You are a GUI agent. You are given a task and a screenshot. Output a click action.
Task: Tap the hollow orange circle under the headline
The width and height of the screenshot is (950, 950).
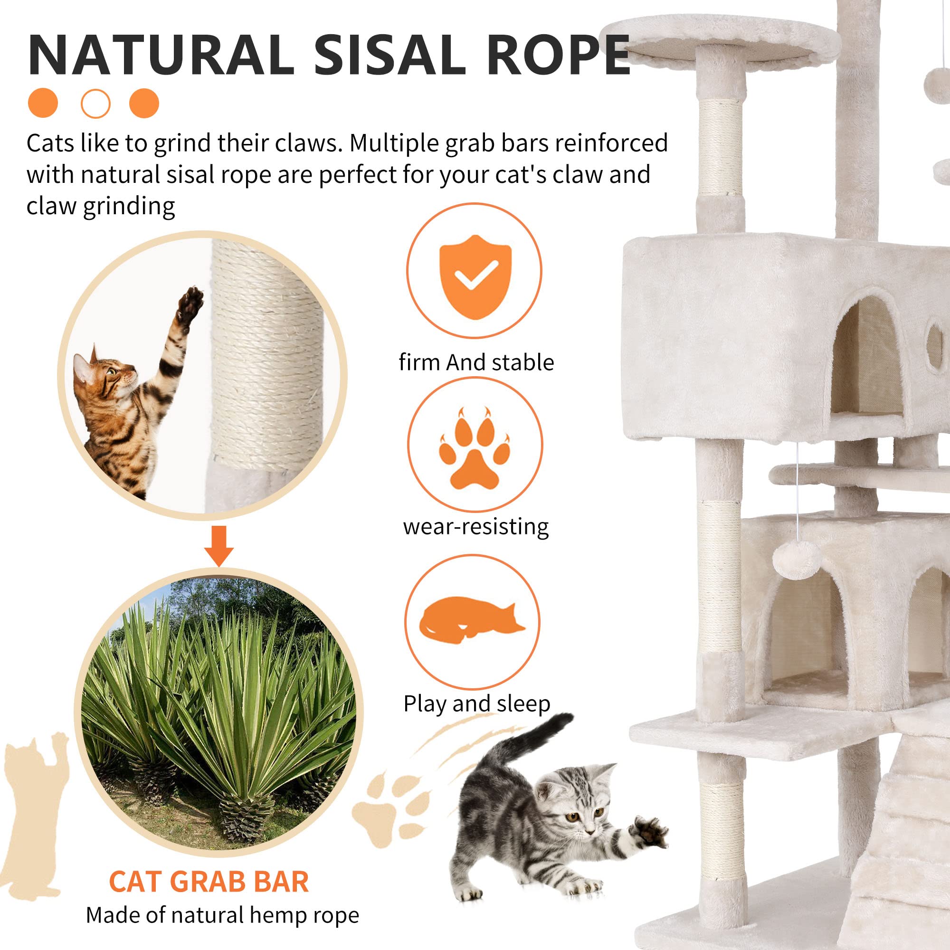click(95, 104)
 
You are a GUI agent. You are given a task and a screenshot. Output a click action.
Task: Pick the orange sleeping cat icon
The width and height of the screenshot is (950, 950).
click(471, 620)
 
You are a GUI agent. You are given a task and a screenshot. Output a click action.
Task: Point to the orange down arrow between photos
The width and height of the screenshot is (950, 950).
click(219, 545)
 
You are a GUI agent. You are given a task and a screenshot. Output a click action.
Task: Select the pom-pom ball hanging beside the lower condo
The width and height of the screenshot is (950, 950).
click(796, 560)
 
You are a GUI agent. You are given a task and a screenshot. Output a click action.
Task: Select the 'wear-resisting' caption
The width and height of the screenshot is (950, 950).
click(475, 527)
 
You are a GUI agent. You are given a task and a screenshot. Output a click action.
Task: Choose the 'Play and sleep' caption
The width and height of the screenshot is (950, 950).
click(476, 703)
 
